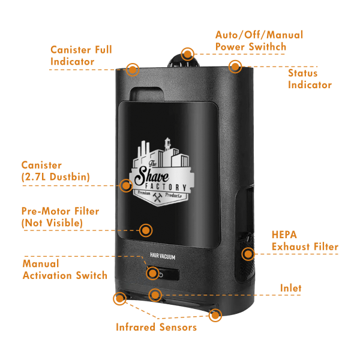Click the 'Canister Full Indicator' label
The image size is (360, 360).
coord(81,55)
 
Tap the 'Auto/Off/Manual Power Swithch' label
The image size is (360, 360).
coord(259,41)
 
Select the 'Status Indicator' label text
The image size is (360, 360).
coord(310,79)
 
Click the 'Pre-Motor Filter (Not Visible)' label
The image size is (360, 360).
coord(60,217)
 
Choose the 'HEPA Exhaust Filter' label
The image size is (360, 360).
coord(305,241)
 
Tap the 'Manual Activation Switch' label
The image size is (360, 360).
coord(65,269)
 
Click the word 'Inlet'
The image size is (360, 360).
coord(291,289)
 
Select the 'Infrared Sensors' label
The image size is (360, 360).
coord(156,328)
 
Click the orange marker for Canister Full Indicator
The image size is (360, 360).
coord(133,70)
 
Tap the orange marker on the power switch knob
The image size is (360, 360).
coord(188,54)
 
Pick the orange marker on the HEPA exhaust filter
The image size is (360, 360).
coord(247,253)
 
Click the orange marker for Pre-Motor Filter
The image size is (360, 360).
coord(145,229)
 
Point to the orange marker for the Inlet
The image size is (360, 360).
coord(155,295)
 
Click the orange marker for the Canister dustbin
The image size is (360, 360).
coord(125,185)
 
